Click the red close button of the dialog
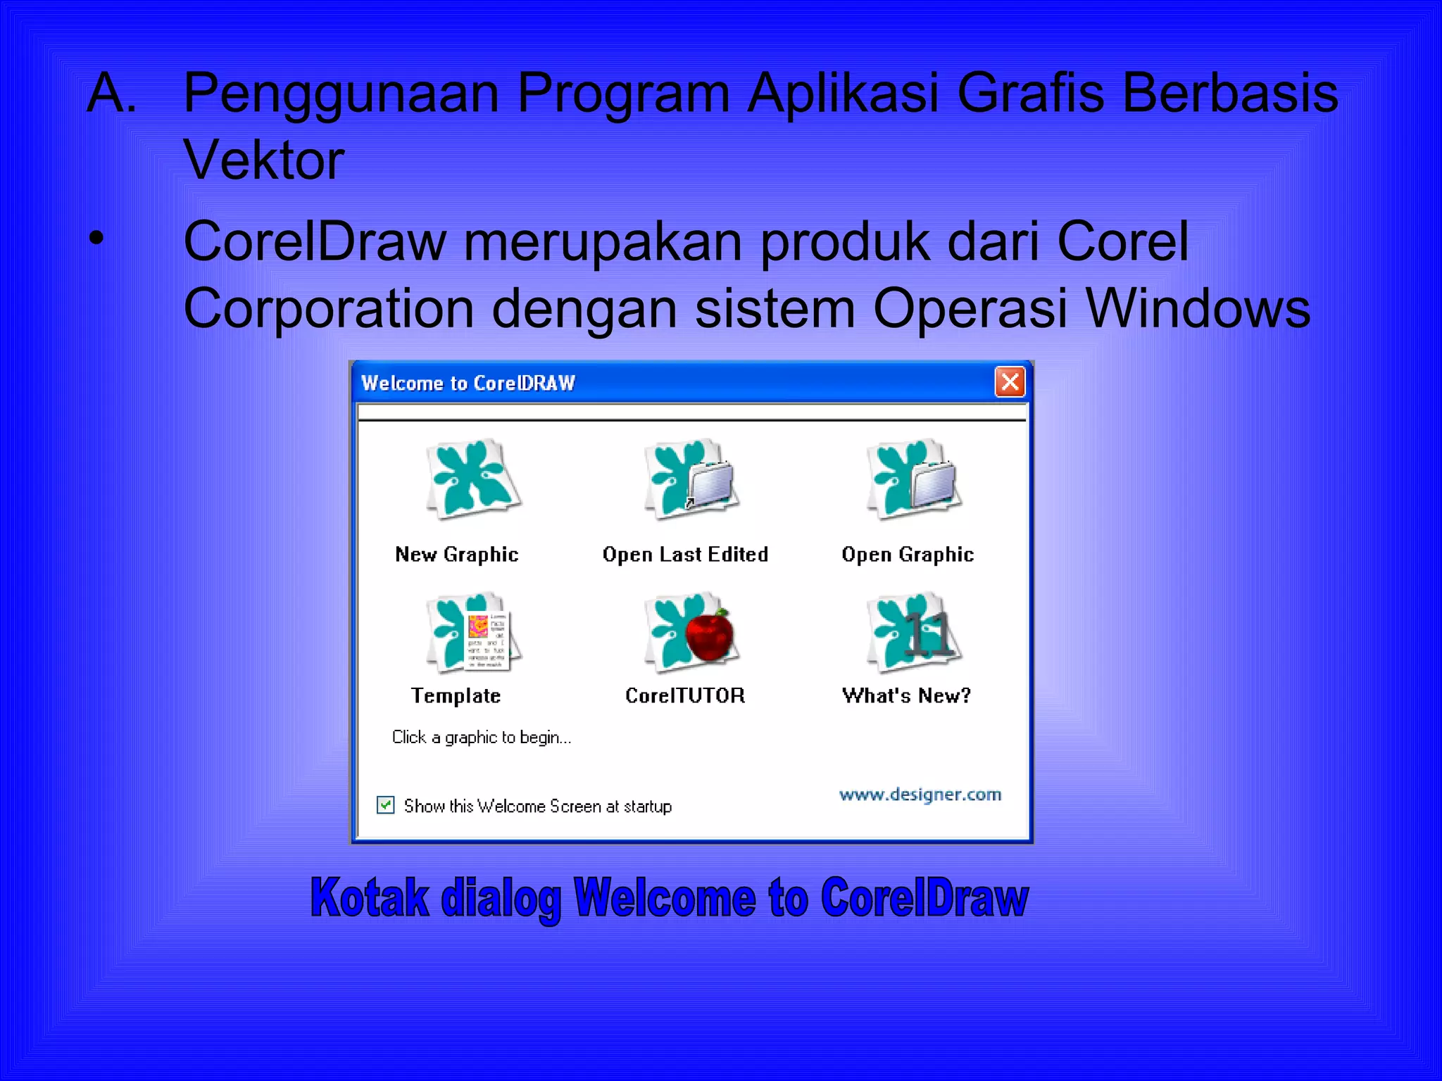coord(1010,382)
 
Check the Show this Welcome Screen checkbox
coord(386,804)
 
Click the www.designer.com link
coord(920,795)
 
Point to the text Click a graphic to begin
coord(481,738)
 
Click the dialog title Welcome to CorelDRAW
coord(468,383)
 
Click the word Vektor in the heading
coord(264,160)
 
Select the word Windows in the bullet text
coord(1198,308)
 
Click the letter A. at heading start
coord(111,92)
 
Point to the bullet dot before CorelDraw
coord(96,239)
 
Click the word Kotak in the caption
coord(370,899)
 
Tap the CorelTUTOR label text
coord(685,696)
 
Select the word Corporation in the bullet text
coord(329,308)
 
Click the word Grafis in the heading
coord(1030,92)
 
